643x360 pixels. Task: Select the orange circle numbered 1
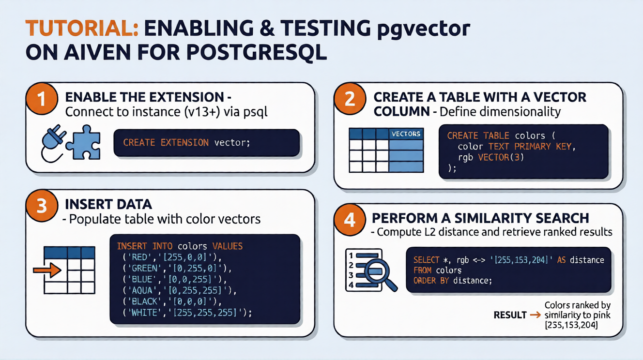point(42,99)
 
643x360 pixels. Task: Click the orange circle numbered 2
point(350,99)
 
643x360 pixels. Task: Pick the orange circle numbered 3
point(42,206)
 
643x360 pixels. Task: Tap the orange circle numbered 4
point(350,220)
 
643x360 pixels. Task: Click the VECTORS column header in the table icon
point(406,134)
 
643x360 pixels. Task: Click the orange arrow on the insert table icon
point(47,270)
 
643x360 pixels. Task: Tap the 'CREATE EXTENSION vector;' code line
point(186,143)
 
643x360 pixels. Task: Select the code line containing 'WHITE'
point(186,313)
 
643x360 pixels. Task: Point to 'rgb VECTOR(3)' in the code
point(491,157)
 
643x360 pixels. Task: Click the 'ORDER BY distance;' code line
point(452,280)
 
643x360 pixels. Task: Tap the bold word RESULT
point(510,315)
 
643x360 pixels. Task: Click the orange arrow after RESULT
point(536,315)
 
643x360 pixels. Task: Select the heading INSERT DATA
point(108,204)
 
